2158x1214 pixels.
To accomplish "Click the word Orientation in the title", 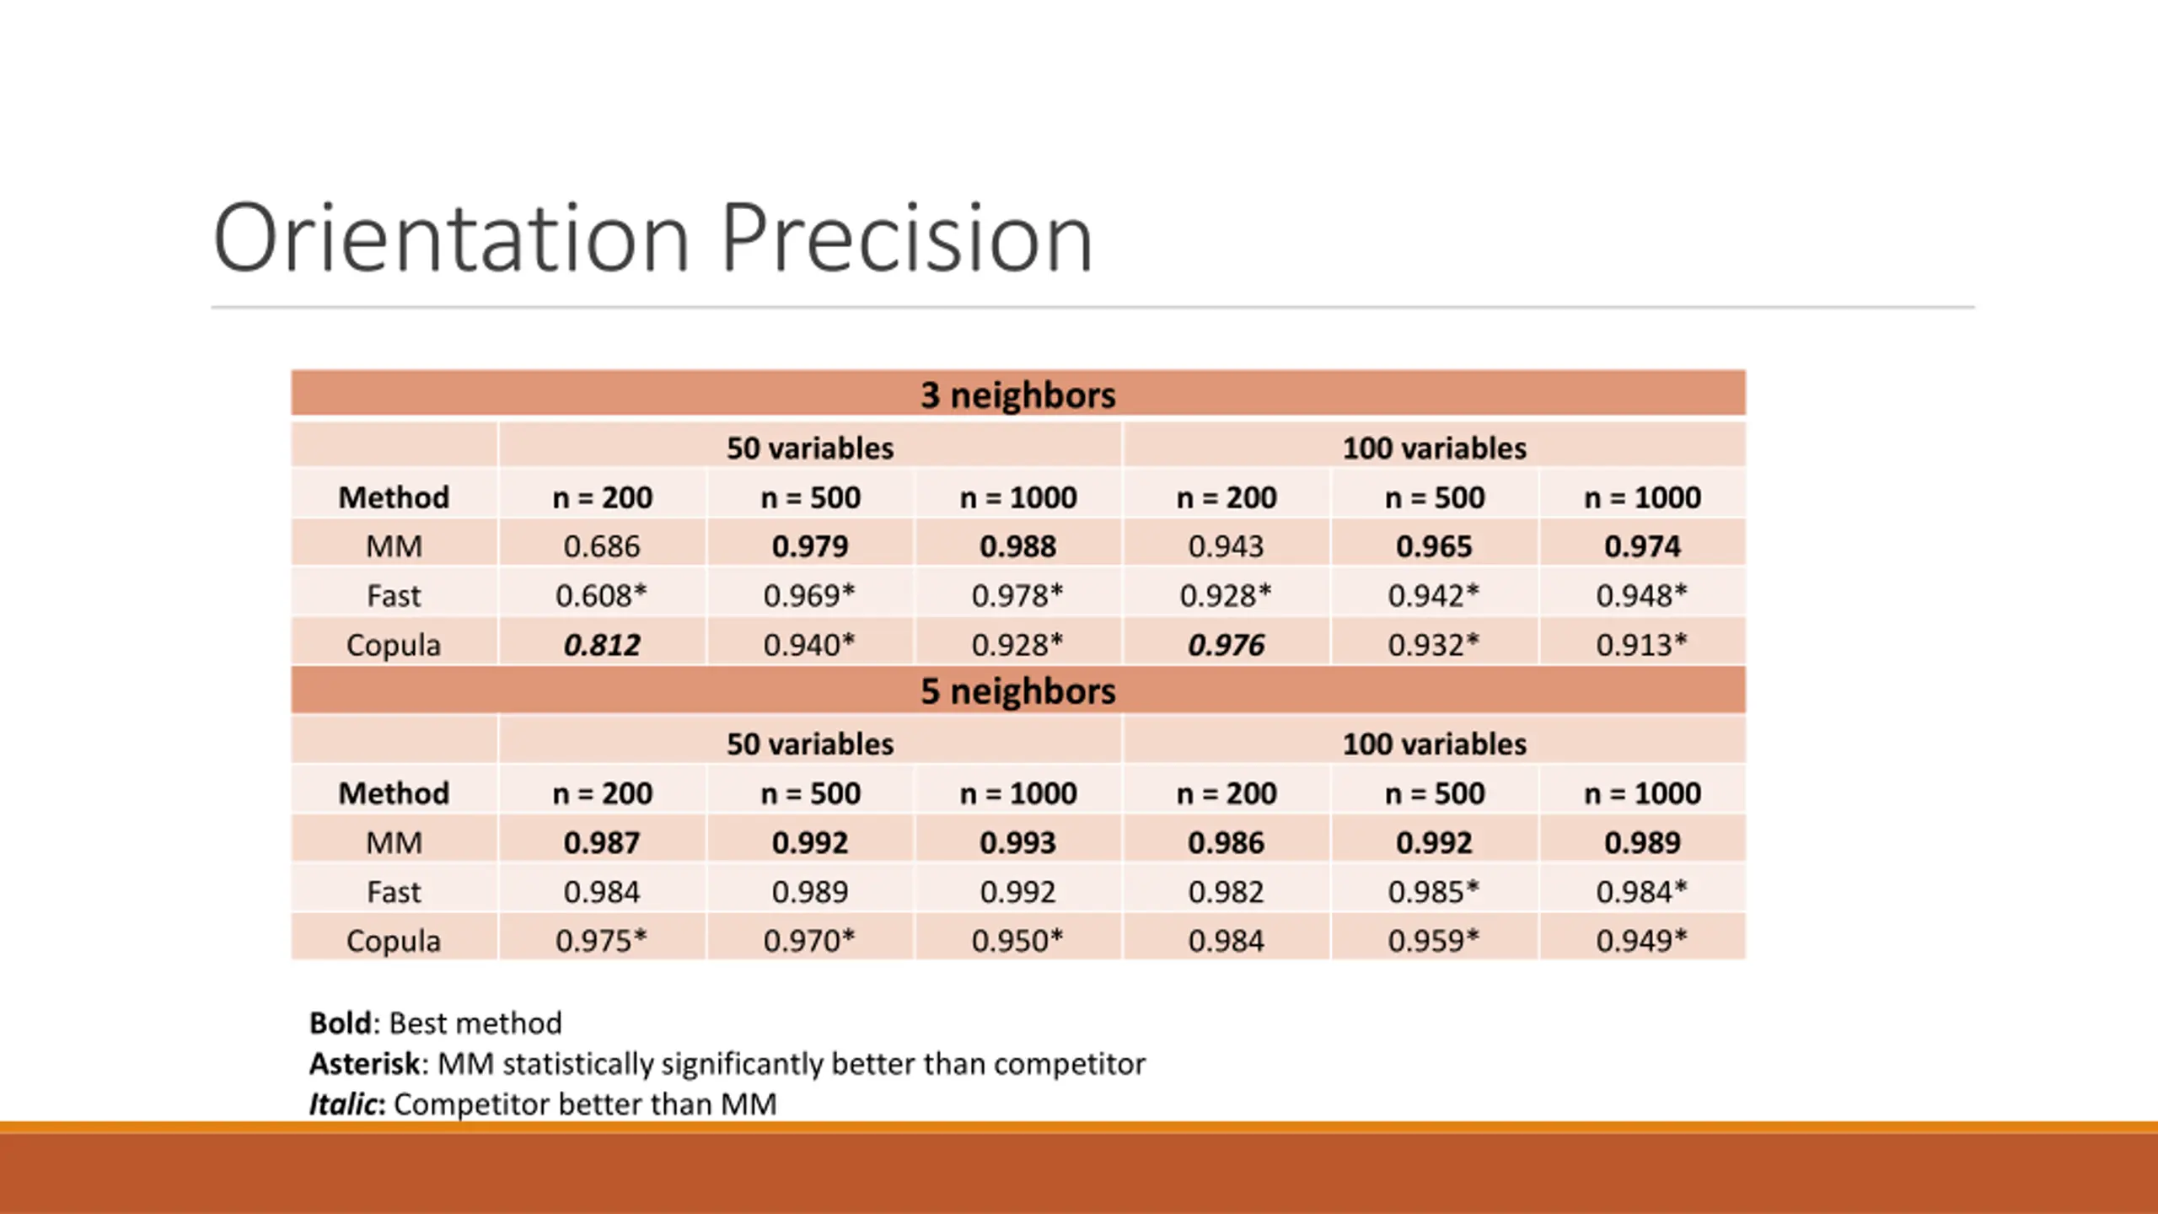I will tap(451, 239).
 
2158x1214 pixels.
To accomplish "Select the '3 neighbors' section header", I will tap(1017, 395).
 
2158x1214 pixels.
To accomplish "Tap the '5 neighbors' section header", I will tap(1017, 691).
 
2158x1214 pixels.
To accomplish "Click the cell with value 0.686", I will tap(602, 546).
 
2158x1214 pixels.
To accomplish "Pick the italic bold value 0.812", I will tap(602, 645).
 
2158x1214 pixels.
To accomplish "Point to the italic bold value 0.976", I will tap(1226, 645).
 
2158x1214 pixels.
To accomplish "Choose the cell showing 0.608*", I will tap(601, 596).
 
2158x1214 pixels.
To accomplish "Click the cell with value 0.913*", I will tap(1641, 645).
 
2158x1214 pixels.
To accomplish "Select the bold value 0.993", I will tap(1017, 842).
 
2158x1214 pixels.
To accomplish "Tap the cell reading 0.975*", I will tap(601, 941).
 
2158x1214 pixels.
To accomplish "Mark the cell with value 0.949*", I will tap(1641, 941).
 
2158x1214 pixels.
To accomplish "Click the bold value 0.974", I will tap(1641, 546).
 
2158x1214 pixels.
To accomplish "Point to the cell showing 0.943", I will tap(1226, 546).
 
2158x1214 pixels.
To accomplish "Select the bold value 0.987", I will tap(602, 842).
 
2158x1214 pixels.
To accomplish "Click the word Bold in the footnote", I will tap(340, 1023).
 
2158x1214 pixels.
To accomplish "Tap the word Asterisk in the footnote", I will tap(364, 1064).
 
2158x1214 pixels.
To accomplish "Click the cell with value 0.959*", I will tap(1433, 941).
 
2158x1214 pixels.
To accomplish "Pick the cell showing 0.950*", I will tap(1017, 941).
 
